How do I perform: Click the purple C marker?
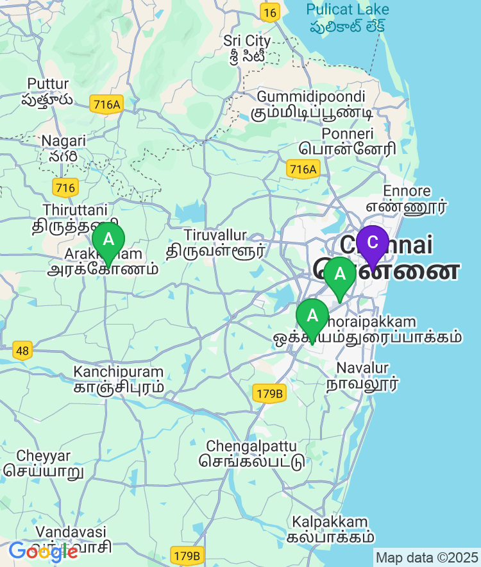[x=373, y=243]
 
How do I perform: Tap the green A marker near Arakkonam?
[x=108, y=241]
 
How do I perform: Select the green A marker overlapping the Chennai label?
[x=339, y=275]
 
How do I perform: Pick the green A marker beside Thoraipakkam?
[x=312, y=316]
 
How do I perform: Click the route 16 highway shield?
[x=270, y=12]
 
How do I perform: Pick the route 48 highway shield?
[x=22, y=350]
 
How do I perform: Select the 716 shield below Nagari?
[x=65, y=187]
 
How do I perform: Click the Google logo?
[x=43, y=551]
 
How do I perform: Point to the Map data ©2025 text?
[x=426, y=557]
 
